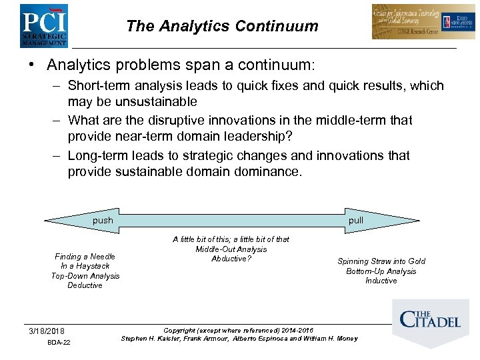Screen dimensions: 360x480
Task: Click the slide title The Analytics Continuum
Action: coord(222,27)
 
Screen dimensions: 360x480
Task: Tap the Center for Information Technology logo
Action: coord(415,22)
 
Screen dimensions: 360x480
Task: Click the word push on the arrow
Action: coord(103,220)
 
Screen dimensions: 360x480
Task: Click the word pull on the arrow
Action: coord(356,220)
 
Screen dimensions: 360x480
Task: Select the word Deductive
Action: coord(85,285)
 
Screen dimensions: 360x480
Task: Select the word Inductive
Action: coord(381,281)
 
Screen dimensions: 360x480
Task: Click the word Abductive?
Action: coord(231,259)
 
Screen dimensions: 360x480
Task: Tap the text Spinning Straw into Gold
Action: coord(381,261)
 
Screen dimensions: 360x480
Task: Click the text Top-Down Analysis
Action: coord(85,275)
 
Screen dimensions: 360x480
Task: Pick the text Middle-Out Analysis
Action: coord(231,249)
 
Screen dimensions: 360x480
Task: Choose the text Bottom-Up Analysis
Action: coord(381,271)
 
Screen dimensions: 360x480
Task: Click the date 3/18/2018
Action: coord(47,331)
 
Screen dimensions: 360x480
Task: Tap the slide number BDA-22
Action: coord(59,343)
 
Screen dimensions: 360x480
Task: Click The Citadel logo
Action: coord(430,319)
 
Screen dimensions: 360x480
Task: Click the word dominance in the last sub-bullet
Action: coord(265,171)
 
